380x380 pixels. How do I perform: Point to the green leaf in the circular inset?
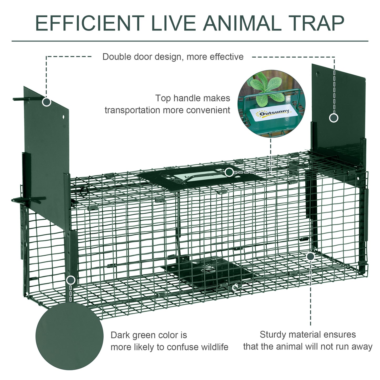pos(266,87)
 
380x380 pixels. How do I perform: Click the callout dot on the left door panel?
pos(47,102)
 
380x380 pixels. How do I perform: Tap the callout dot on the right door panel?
pos(334,118)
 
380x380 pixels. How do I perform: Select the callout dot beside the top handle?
pos(229,173)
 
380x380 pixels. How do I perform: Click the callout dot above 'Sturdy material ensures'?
pos(311,256)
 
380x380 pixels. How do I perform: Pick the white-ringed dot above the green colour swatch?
pos(70,280)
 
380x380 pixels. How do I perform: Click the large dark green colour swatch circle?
pos(69,336)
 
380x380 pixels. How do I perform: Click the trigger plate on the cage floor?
pos(208,271)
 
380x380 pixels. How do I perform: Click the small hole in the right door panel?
pos(317,74)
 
